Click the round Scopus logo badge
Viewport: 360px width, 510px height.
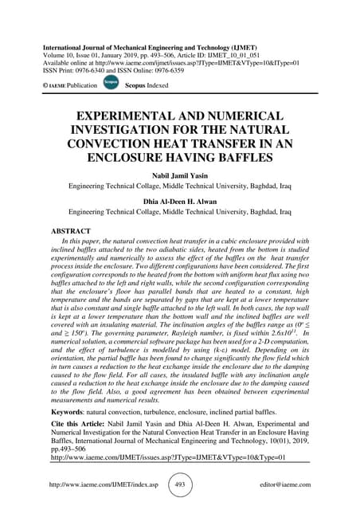point(112,82)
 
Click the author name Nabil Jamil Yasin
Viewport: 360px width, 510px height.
point(179,180)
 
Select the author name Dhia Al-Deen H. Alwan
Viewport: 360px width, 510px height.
point(179,203)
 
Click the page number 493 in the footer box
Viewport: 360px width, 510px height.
point(180,484)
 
